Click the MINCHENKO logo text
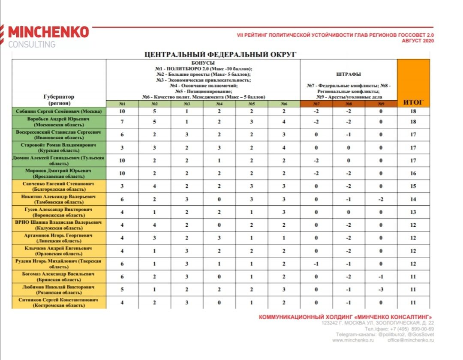tap(48, 32)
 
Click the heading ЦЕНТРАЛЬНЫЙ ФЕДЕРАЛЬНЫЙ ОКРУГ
tap(220, 54)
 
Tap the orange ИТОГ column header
tap(413, 102)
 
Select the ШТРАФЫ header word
tap(349, 74)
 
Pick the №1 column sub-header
tap(122, 104)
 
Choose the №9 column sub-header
tap(381, 104)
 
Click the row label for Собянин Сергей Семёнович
tap(59, 111)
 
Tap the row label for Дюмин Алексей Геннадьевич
tap(59, 160)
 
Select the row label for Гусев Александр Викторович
tap(59, 212)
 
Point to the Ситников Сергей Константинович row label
tap(59, 303)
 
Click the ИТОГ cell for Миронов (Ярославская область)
tap(413, 173)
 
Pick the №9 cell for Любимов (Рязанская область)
tap(381, 289)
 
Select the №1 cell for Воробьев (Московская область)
tap(122, 122)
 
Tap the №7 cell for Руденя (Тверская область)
tap(316, 264)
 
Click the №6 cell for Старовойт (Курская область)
tap(284, 147)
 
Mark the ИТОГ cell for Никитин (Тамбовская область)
tap(413, 199)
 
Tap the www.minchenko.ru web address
tap(353, 340)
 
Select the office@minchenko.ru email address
tap(411, 340)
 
